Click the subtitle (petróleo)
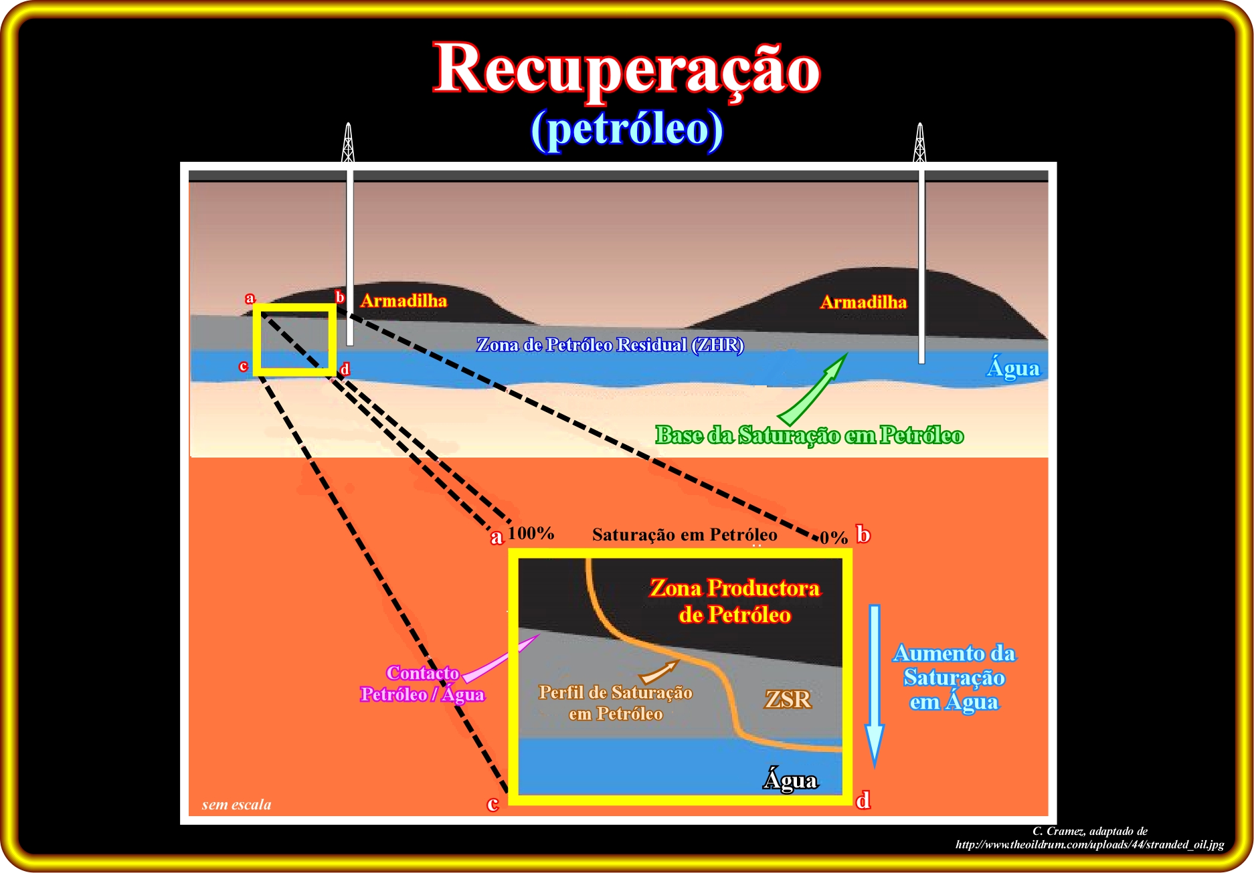point(627,129)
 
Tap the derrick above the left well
point(348,142)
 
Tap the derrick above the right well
point(920,142)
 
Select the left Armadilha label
point(404,301)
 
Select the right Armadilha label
point(863,302)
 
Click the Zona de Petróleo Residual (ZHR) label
point(610,345)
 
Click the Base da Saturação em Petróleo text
point(809,435)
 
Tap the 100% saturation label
point(531,533)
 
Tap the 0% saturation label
point(834,537)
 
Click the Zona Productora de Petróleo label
point(735,601)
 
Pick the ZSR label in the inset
point(788,699)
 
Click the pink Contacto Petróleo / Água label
point(422,684)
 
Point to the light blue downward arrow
point(875,686)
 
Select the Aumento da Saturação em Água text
point(954,677)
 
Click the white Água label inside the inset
point(790,779)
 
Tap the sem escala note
point(236,805)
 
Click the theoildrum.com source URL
point(1089,844)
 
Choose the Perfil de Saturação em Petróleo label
point(616,703)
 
